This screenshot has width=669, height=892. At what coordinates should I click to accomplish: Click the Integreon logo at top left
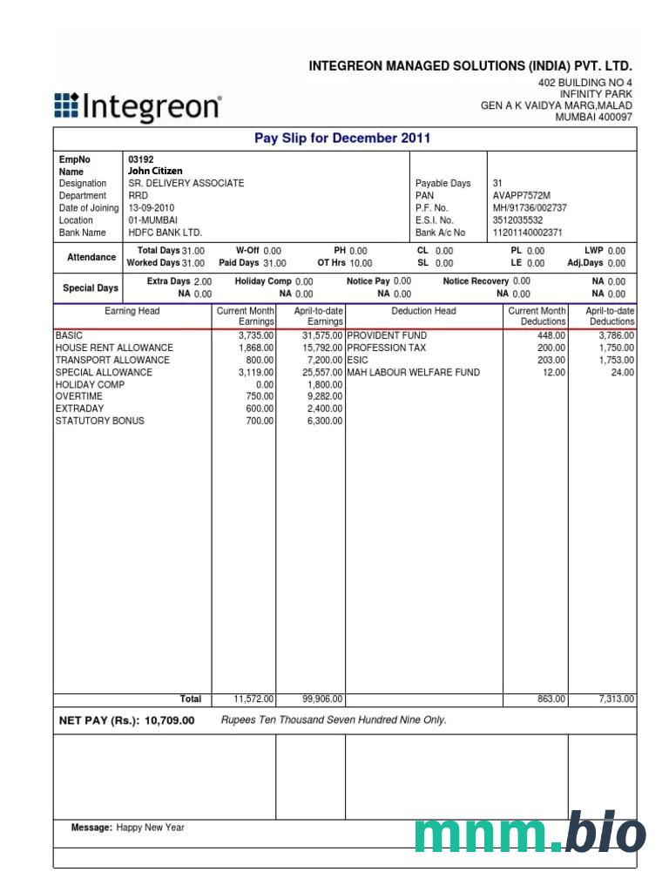pyautogui.click(x=138, y=106)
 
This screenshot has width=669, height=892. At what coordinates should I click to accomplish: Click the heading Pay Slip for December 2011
pyautogui.click(x=342, y=139)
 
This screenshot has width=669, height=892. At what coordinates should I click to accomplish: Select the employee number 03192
pyautogui.click(x=140, y=160)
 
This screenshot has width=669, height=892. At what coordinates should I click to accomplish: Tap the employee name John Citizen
pyautogui.click(x=155, y=172)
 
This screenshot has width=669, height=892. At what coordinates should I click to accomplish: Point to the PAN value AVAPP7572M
pyautogui.click(x=522, y=196)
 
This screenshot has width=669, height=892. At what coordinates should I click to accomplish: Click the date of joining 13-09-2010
pyautogui.click(x=151, y=208)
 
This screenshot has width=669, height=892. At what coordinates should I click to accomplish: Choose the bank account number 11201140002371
pyautogui.click(x=528, y=233)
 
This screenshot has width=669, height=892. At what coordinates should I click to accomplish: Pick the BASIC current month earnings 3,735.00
pyautogui.click(x=256, y=335)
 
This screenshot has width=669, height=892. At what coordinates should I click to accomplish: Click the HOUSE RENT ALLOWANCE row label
pyautogui.click(x=114, y=348)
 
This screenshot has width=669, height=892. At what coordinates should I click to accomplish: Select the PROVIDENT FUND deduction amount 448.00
pyautogui.click(x=551, y=335)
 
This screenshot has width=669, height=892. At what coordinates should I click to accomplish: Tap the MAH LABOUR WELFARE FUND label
pyautogui.click(x=414, y=372)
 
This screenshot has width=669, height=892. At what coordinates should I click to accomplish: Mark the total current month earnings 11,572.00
pyautogui.click(x=254, y=699)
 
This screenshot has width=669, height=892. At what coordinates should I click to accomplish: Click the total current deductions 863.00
pyautogui.click(x=551, y=699)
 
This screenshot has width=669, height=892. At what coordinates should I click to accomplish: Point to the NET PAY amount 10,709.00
pyautogui.click(x=170, y=721)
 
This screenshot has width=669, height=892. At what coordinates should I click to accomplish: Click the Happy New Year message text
pyautogui.click(x=151, y=828)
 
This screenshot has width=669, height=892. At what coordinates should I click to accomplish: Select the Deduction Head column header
pyautogui.click(x=423, y=311)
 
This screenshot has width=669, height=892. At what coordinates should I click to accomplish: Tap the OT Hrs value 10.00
pyautogui.click(x=361, y=263)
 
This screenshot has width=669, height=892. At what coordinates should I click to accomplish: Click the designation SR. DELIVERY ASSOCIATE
pyautogui.click(x=186, y=184)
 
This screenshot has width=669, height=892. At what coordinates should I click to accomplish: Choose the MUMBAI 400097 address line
pyautogui.click(x=594, y=118)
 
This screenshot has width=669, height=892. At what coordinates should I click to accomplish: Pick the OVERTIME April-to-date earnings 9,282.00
pyautogui.click(x=325, y=396)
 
